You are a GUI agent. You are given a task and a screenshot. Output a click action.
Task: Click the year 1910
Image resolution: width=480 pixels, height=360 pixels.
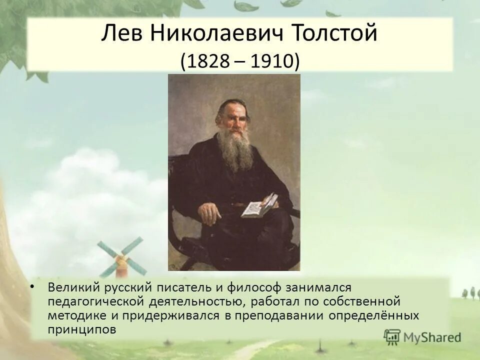tap(274, 62)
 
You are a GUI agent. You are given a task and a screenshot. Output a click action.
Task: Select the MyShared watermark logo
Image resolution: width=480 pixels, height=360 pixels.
tap(422, 336)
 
